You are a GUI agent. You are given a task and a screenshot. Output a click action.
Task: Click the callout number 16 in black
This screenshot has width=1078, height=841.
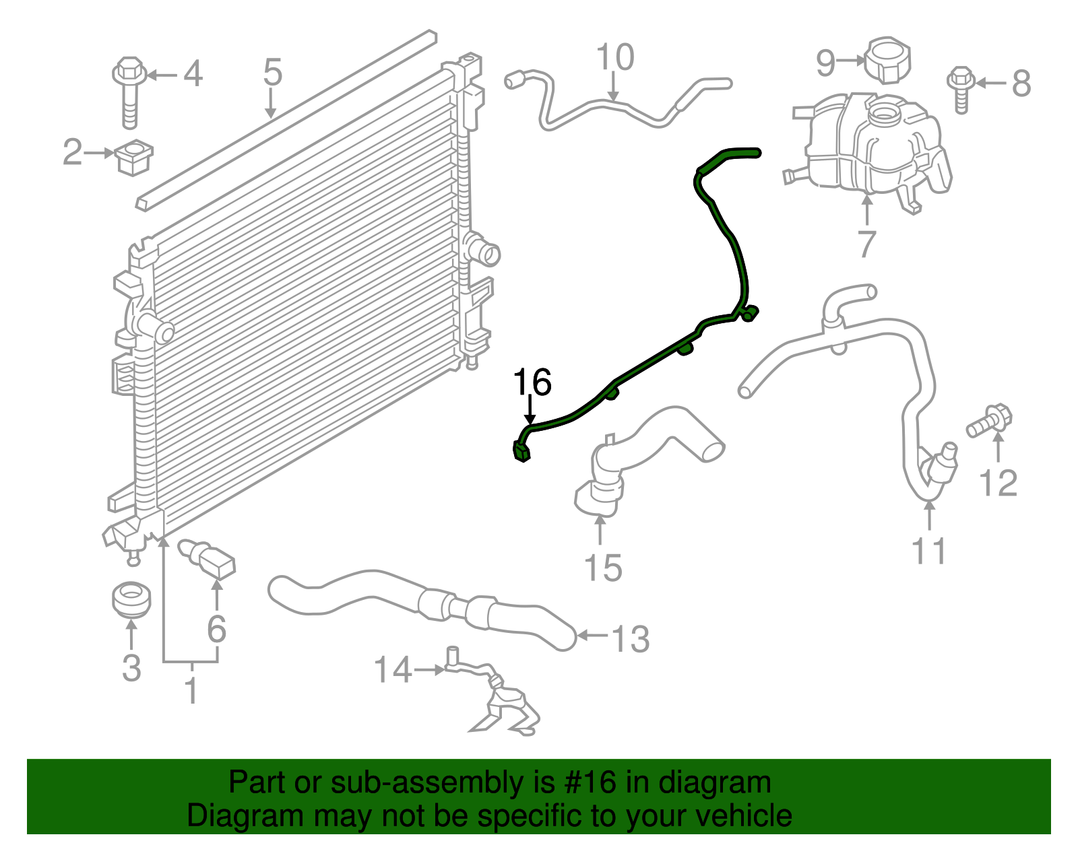pos(532,382)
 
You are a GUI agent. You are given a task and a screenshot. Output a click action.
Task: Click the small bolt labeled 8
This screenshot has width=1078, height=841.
pos(961,88)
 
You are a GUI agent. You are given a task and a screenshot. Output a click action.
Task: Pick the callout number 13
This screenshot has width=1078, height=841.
pos(631,638)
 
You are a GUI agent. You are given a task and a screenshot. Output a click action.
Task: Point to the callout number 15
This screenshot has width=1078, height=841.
pos(603,567)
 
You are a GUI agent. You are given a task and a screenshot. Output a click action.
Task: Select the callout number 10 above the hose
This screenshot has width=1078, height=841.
pos(615,58)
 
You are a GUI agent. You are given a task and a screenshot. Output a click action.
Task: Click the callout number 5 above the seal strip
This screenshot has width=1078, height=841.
pos(272,72)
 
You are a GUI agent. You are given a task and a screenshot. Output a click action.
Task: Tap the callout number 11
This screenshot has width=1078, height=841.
pos(929,550)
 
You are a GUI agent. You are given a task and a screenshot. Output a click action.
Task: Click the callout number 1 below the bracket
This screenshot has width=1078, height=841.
pos(191,691)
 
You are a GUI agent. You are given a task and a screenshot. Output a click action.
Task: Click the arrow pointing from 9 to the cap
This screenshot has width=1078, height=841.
pos(852,61)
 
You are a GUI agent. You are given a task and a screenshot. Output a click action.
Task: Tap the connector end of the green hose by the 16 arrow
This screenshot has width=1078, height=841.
pos(522,452)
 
